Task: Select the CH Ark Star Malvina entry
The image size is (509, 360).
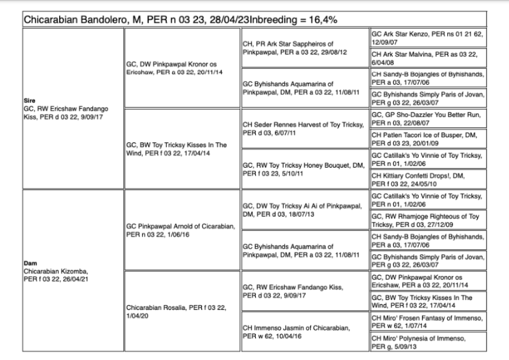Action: [427, 57]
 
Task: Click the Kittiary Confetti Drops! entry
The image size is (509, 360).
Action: [427, 179]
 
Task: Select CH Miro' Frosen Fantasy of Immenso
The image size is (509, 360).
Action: [427, 321]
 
